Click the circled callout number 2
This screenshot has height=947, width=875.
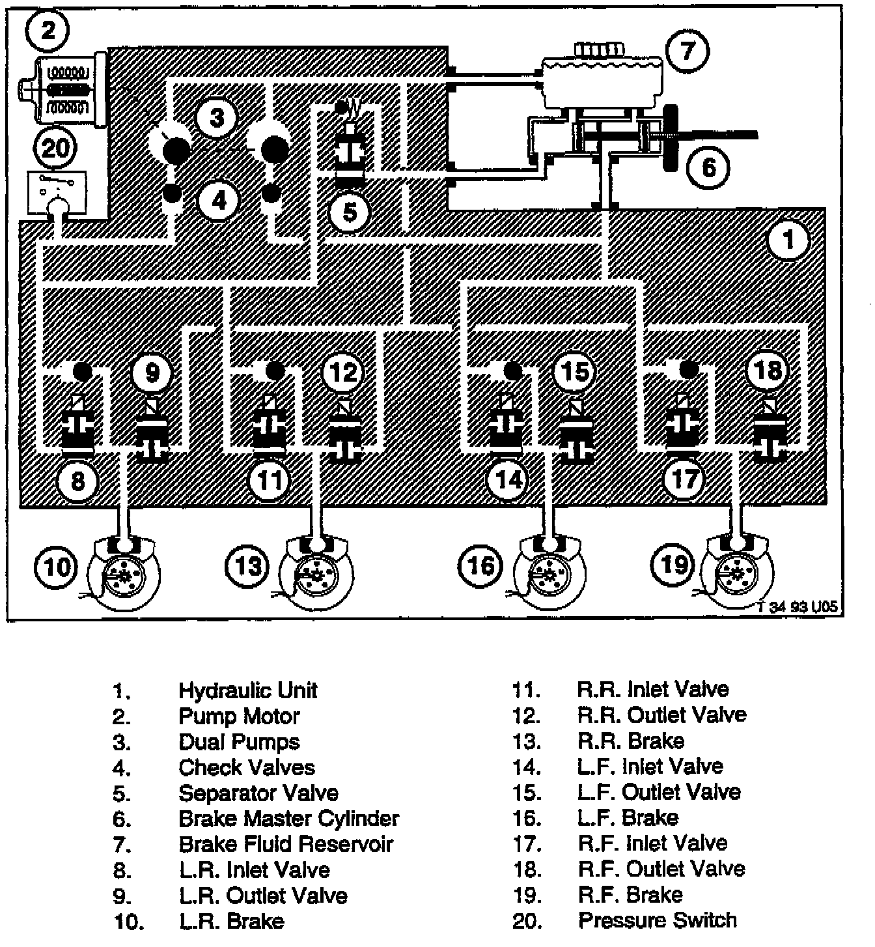49,30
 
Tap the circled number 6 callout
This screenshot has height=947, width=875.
708,167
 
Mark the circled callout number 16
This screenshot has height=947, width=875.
481,565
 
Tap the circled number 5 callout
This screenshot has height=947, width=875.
350,212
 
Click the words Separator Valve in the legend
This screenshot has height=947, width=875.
258,793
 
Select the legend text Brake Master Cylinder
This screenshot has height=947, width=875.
288,818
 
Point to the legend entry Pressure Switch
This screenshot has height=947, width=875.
658,920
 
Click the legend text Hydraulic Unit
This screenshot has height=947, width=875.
248,690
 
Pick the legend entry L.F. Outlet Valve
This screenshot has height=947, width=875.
659,792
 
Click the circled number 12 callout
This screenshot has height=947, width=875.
344,372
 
